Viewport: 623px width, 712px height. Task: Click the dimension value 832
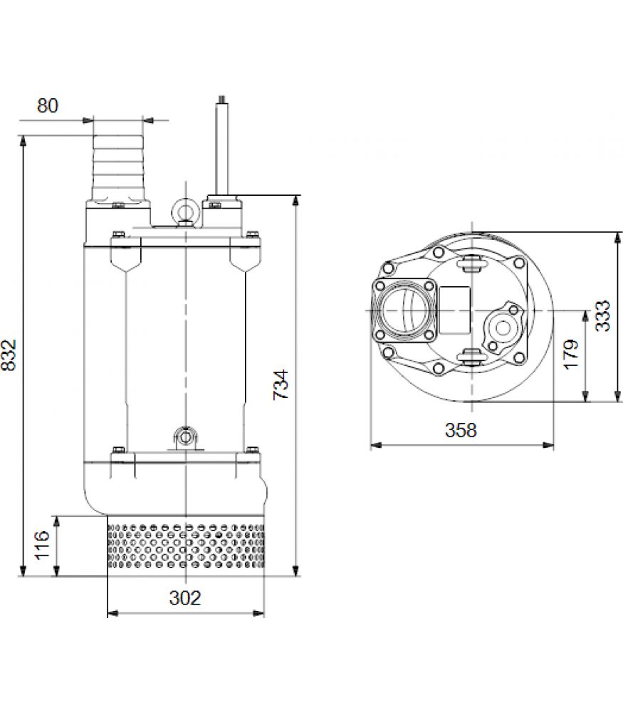coord(9,355)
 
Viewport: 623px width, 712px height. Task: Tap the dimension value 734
coord(281,384)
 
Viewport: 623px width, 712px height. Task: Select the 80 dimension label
coord(48,105)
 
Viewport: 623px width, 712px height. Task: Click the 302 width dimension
coord(185,597)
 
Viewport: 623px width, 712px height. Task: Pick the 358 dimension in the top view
coord(461,429)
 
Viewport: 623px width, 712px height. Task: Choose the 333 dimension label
coord(603,316)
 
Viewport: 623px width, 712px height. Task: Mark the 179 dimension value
coord(572,354)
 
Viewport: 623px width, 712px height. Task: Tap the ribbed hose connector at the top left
coord(118,168)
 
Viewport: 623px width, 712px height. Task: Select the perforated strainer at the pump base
coord(186,546)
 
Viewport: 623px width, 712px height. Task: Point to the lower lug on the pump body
coord(185,437)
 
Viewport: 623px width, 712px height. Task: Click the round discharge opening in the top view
coord(402,311)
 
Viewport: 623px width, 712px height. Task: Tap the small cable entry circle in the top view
coord(503,328)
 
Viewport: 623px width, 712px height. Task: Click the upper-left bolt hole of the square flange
coord(380,286)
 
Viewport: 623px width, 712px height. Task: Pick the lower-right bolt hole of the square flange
coord(428,335)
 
